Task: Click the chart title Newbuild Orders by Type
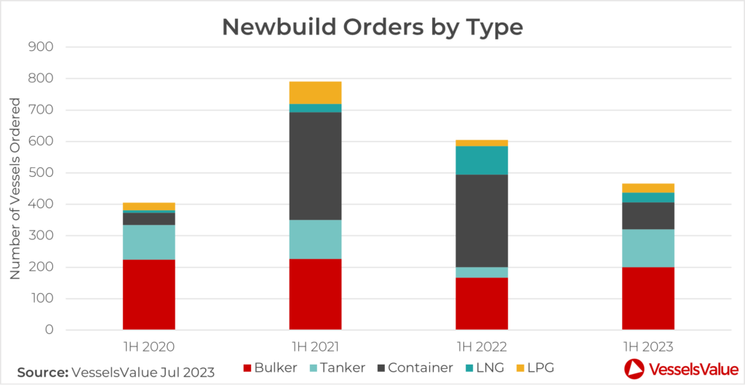372,27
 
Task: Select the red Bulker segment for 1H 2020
148,295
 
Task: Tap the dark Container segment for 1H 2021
315,166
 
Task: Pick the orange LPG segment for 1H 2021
315,92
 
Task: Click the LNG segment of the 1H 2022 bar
482,160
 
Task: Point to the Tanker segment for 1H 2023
648,248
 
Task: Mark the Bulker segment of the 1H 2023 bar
648,298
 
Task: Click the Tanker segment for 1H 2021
315,239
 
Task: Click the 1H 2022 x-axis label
482,346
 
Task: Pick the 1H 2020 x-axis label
148,346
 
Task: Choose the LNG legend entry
487,368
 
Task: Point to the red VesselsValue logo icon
634,369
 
